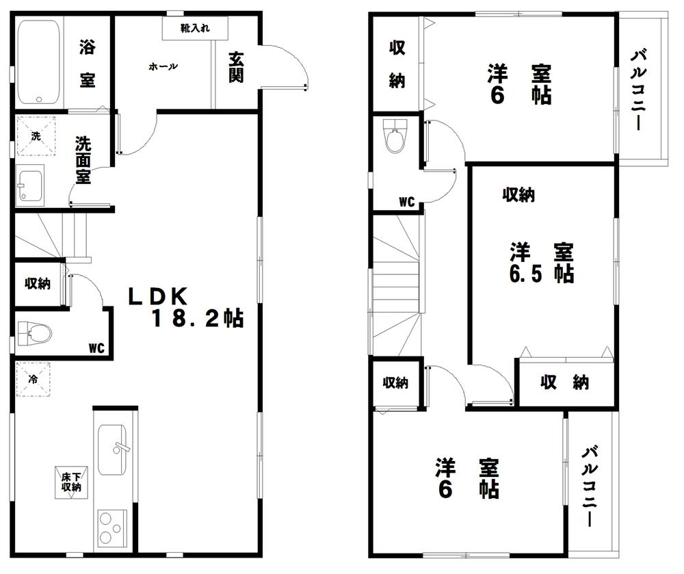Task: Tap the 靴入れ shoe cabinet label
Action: point(195,28)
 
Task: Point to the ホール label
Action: point(163,66)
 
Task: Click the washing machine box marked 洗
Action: point(36,135)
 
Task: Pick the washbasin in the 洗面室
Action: point(31,185)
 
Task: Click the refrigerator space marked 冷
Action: point(34,378)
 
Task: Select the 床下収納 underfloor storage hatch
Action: point(71,482)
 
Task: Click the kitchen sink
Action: point(113,449)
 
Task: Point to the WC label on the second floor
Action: point(407,201)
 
